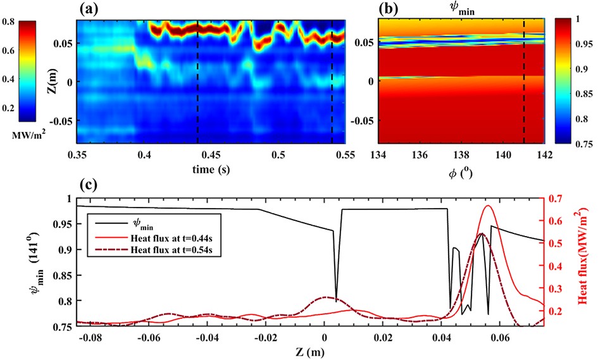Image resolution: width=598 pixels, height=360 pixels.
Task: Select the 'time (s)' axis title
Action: coord(211,170)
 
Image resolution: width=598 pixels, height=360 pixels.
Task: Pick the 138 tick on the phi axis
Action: coord(462,154)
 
